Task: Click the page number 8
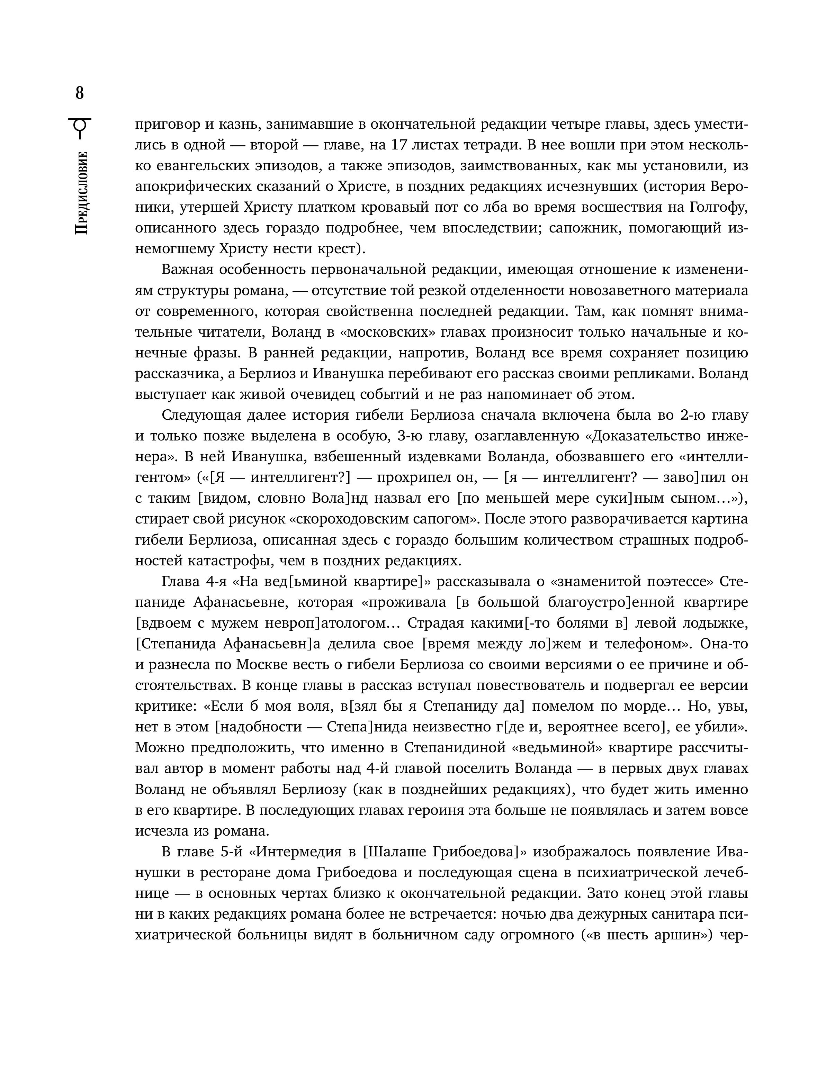click(80, 93)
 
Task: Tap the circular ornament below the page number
click(80, 128)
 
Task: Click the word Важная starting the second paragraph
click(187, 270)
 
